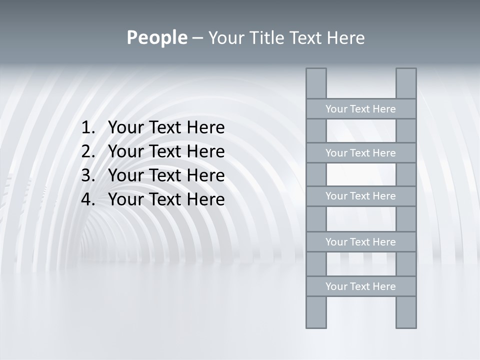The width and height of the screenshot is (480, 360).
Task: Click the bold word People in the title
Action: click(x=156, y=37)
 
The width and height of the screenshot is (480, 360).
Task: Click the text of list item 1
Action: click(x=166, y=128)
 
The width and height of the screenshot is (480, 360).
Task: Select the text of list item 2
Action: click(x=166, y=151)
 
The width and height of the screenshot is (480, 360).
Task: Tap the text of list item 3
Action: click(x=166, y=175)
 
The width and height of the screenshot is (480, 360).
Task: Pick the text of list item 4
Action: click(x=166, y=199)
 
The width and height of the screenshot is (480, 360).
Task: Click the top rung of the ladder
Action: click(x=360, y=109)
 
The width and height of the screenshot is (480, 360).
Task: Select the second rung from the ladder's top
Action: click(x=360, y=153)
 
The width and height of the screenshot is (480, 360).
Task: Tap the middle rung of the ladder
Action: click(x=360, y=196)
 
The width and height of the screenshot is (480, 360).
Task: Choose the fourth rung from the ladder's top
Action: click(x=360, y=242)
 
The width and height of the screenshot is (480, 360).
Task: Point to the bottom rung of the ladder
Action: click(x=360, y=286)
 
